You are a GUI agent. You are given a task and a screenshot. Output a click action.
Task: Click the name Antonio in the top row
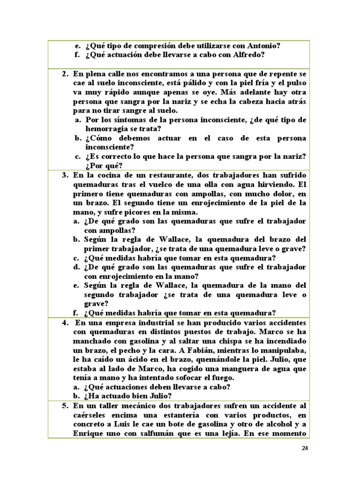pyautogui.click(x=263, y=45)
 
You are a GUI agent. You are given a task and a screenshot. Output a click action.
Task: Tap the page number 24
pyautogui.click(x=305, y=448)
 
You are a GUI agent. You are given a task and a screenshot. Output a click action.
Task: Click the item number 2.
pyautogui.click(x=65, y=75)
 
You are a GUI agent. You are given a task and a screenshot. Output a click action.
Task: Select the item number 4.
pyautogui.click(x=65, y=323)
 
